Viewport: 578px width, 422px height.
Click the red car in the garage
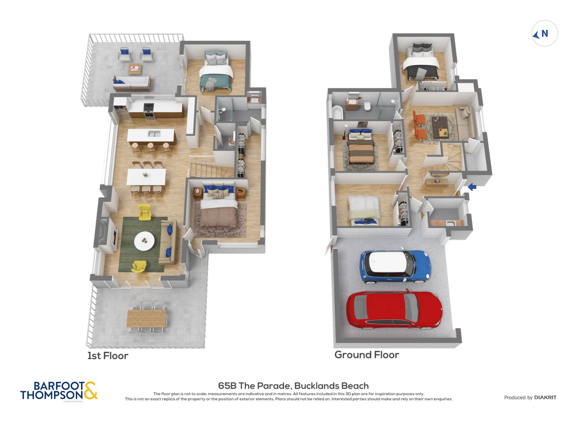(x=394, y=310)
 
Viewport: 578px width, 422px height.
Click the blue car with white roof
(x=395, y=267)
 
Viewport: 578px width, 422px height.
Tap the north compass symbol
(x=544, y=33)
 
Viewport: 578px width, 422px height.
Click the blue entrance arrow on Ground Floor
(x=472, y=187)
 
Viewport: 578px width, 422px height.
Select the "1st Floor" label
(x=108, y=356)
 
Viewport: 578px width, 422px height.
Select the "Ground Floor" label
(x=367, y=355)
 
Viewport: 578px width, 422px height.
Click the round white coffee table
(x=144, y=241)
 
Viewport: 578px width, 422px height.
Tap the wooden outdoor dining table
(x=146, y=318)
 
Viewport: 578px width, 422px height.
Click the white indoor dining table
(x=146, y=177)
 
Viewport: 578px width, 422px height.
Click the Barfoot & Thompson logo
(x=59, y=391)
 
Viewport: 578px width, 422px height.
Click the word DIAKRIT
(x=545, y=397)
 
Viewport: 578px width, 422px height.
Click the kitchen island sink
(x=154, y=133)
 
